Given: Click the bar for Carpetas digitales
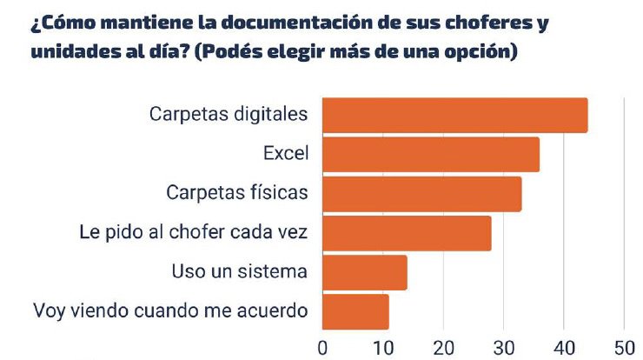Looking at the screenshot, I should pos(454,116).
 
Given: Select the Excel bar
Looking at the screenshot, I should pos(430,155).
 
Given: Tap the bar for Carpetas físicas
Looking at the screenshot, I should pos(421,194).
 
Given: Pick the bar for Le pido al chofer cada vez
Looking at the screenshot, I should pos(407,233).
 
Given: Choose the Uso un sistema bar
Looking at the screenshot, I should pos(364,272).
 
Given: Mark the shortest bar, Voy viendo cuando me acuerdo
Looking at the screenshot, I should pos(355,311).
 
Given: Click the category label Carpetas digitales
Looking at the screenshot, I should pos(229,115).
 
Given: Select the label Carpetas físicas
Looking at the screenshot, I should pos(236,193).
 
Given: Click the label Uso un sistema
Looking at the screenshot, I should pos(240,271).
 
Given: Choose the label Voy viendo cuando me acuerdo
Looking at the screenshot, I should pos(170,310).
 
